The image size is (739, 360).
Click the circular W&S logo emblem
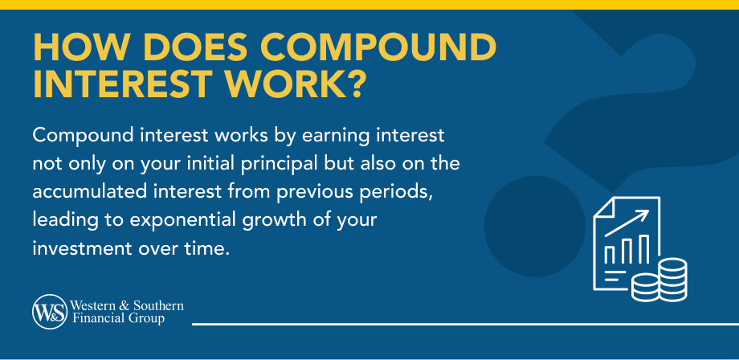[49, 312]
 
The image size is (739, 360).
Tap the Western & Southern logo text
[127, 306]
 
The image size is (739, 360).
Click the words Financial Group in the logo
[117, 318]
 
